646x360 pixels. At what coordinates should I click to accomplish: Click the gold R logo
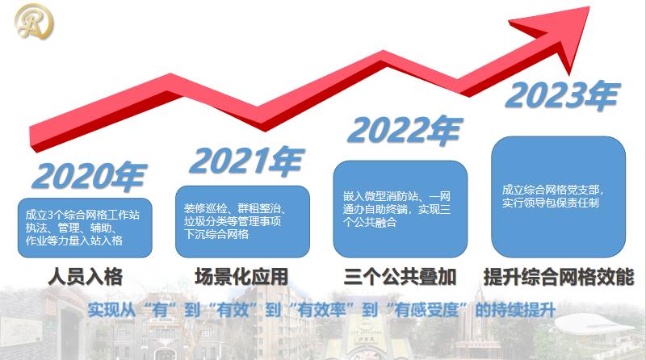point(34,22)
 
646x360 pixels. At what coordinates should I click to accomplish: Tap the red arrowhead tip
point(590,7)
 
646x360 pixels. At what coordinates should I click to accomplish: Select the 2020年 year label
point(90,175)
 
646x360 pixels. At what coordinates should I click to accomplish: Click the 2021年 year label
point(247,160)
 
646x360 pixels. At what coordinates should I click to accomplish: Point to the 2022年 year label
point(405,130)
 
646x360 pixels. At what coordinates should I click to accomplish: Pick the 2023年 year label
point(563,95)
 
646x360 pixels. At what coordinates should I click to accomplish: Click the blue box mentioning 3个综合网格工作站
point(85,228)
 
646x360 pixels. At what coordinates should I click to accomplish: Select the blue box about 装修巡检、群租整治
point(243,222)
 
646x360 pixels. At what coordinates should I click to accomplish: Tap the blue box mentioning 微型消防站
point(401,209)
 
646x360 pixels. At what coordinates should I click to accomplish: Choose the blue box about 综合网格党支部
point(559,197)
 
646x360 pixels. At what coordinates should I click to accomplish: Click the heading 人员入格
point(86,276)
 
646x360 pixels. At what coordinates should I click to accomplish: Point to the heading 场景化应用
point(241,276)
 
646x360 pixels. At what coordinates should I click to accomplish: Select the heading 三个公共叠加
point(400,276)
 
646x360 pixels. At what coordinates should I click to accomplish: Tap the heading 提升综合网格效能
point(559,276)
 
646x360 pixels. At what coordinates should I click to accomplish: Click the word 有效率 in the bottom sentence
point(322,310)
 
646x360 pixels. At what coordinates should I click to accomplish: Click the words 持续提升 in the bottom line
point(523,310)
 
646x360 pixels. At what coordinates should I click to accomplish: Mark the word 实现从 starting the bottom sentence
point(111,310)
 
